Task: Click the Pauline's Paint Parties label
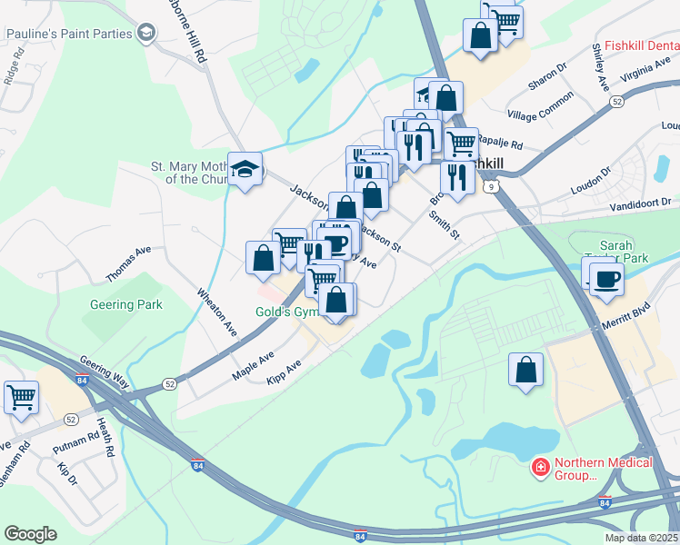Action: (68, 34)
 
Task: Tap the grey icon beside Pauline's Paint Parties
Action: (145, 34)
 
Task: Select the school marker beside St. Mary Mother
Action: (245, 169)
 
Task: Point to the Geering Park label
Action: (126, 304)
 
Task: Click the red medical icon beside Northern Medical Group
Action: (540, 467)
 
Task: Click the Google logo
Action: (30, 534)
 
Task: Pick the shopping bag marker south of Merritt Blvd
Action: (525, 370)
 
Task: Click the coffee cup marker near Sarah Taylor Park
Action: (606, 279)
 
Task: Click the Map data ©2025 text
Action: (641, 538)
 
